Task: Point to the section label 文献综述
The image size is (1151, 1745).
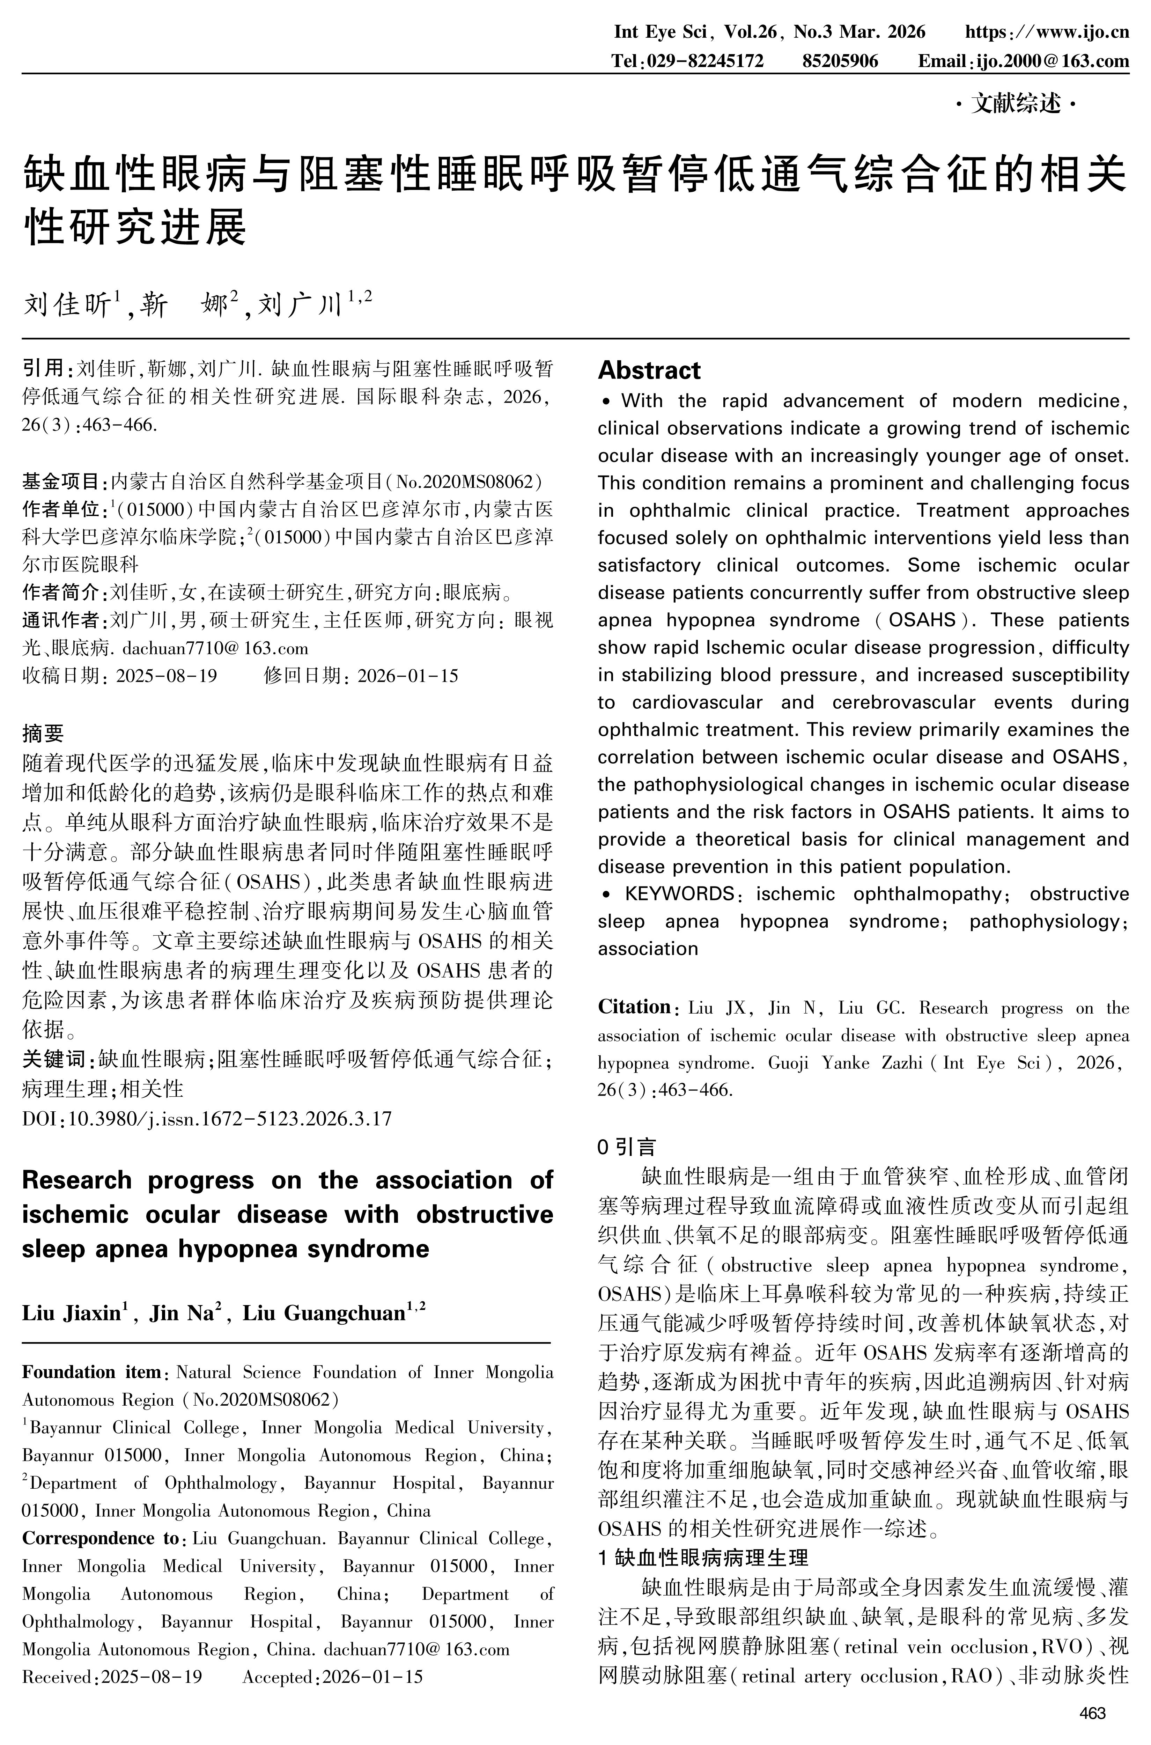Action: tap(1016, 105)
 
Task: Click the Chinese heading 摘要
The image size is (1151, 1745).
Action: tap(43, 732)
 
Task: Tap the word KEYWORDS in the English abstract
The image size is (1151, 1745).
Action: tap(679, 894)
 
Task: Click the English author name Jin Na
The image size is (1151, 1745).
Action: tap(181, 1313)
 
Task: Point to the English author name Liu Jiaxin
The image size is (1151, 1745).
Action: tap(71, 1313)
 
